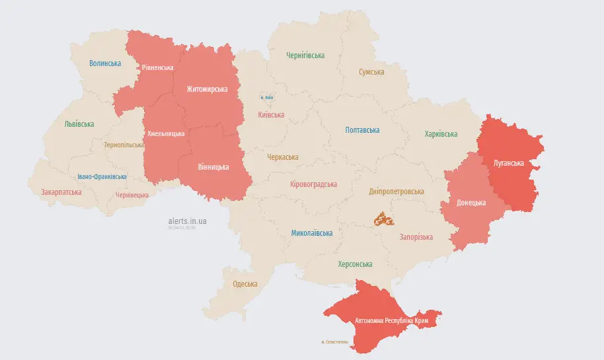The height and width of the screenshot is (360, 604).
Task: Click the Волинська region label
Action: coord(105,63)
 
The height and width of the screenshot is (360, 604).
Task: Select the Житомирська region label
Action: coord(207,89)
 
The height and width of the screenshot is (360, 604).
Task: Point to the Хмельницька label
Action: coord(166,134)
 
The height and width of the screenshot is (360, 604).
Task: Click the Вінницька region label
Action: coord(213,167)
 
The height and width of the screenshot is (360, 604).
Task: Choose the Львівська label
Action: coord(79,124)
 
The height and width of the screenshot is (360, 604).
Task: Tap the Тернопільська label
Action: coord(124,145)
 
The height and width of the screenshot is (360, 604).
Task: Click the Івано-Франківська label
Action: coord(102,177)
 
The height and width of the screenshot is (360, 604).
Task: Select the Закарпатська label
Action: coord(61,192)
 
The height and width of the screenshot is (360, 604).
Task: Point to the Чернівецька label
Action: coord(132,196)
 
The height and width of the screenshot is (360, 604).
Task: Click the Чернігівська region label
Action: coord(305,55)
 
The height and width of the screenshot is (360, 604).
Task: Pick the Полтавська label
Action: coord(362,130)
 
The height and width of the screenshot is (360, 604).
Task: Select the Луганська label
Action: coord(509,163)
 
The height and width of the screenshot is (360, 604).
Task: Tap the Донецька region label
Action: coord(471,203)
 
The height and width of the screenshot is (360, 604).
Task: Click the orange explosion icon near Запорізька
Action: coord(383,219)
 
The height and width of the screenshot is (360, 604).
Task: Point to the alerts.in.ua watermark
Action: coord(187,221)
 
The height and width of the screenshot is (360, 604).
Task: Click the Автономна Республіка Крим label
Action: coord(393,321)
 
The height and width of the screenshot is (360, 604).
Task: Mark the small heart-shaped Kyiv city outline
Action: coord(267,96)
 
